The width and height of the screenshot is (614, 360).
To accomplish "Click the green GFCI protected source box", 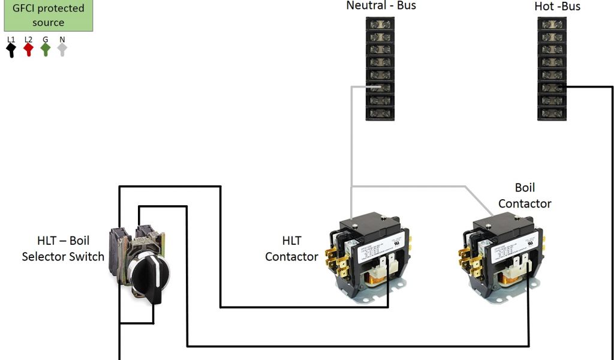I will tap(48, 16).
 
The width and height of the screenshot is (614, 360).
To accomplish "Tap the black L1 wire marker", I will tap(11, 49).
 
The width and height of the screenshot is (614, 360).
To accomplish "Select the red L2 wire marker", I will tap(28, 49).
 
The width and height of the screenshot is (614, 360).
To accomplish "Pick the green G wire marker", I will tap(45, 49).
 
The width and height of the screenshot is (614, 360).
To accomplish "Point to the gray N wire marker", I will tap(62, 49).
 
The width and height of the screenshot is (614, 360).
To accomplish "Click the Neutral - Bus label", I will tap(381, 6).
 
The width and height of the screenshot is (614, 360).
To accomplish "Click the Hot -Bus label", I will tap(557, 7).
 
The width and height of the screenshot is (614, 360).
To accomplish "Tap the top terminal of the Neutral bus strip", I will tap(380, 24).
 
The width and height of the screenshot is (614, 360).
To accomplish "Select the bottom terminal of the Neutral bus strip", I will tap(380, 113).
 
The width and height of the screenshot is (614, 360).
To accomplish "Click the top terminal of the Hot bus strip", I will tap(552, 24).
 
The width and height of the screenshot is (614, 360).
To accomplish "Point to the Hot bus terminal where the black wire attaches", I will tap(552, 88).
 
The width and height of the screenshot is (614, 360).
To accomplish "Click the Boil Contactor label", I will tap(525, 196).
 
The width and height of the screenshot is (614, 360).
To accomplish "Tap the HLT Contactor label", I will tap(291, 248).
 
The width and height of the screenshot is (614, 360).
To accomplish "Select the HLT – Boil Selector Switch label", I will tap(63, 248).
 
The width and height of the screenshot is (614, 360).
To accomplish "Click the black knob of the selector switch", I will tap(147, 277).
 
